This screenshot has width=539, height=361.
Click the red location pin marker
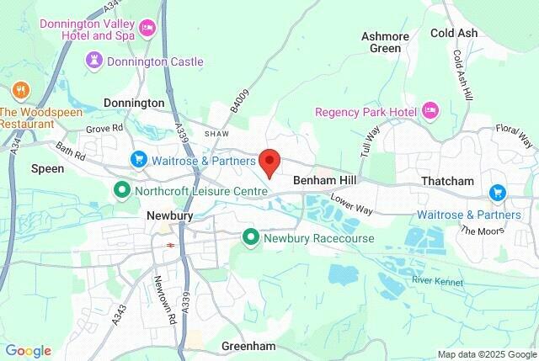click(269, 161)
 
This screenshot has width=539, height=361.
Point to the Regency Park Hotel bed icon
click(430, 111)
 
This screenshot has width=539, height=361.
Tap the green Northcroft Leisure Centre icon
click(121, 190)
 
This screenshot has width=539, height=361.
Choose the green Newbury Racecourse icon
click(250, 238)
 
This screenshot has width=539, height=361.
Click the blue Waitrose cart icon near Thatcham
click(497, 193)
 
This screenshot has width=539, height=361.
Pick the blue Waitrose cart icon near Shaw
click(139, 159)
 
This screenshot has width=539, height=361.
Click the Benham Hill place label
click(325, 181)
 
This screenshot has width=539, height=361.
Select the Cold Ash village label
click(454, 33)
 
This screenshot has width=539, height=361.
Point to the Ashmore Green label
click(386, 42)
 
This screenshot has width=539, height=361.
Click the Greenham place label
click(249, 346)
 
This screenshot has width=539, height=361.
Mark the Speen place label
click(48, 168)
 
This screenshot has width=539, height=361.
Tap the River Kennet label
click(438, 280)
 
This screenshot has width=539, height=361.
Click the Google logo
click(29, 350)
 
